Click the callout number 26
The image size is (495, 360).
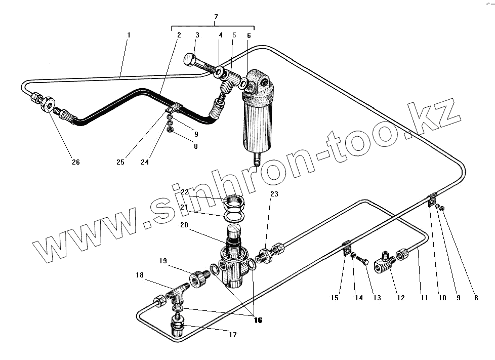click(x=75, y=162)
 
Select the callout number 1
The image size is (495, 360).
click(x=129, y=35)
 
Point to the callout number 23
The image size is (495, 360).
click(x=274, y=194)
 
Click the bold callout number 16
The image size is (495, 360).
click(x=259, y=320)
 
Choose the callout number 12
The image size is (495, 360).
click(x=401, y=298)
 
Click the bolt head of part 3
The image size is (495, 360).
click(x=190, y=59)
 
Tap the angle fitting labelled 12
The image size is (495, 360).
click(x=383, y=262)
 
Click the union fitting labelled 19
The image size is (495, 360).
click(x=198, y=278)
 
